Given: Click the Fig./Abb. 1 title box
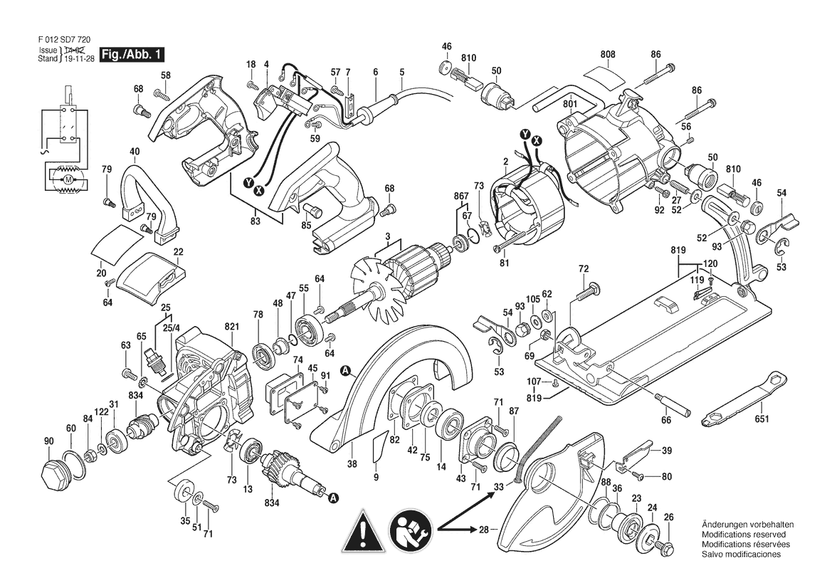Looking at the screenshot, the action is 132,54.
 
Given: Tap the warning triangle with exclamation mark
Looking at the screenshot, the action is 363,530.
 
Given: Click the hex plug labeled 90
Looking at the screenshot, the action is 55,474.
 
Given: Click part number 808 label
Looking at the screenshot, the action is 608,54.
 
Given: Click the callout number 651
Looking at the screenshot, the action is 762,419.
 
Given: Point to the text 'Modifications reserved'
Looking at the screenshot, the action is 743,535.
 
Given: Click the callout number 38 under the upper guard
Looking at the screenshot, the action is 352,463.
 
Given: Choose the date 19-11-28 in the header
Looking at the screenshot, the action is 79,59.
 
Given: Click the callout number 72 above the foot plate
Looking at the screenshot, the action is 584,269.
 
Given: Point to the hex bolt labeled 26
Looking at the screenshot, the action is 662,545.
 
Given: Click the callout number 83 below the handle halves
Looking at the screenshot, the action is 256,220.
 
